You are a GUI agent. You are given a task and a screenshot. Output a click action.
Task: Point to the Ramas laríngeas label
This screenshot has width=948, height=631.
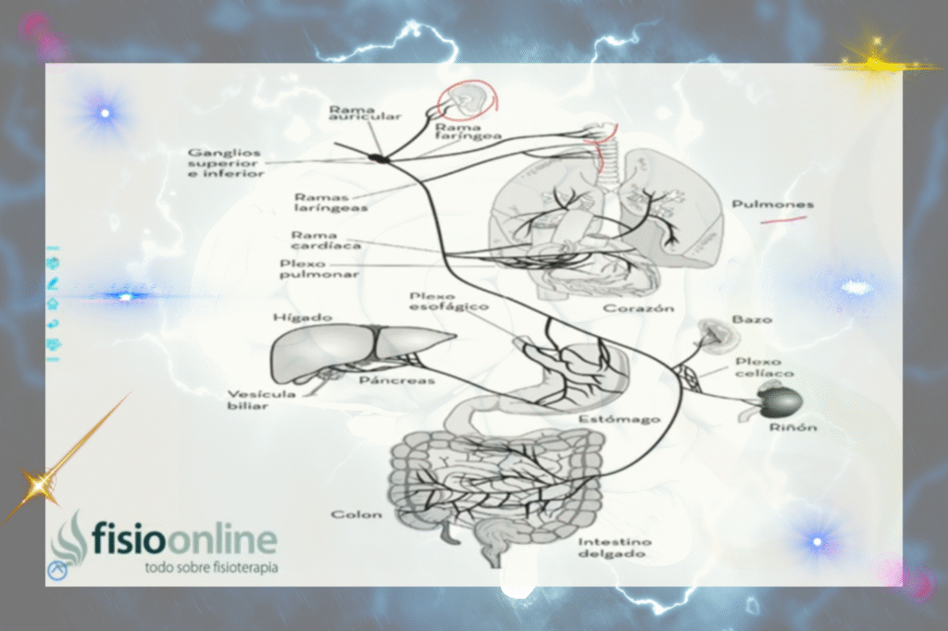point(331,203)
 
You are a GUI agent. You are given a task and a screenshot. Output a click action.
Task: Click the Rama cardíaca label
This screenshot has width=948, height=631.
point(313,241)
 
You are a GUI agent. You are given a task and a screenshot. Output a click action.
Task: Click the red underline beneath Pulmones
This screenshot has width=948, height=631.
point(782,220)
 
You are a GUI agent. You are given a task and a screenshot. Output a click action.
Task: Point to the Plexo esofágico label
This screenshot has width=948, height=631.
point(449,301)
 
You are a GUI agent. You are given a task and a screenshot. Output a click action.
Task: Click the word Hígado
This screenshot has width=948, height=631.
point(302,317)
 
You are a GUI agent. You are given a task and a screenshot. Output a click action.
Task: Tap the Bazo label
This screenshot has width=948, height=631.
point(752,320)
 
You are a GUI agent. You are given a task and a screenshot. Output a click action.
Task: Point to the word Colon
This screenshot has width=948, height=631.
point(356,514)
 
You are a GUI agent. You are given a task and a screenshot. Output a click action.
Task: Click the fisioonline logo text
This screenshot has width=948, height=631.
point(183,539)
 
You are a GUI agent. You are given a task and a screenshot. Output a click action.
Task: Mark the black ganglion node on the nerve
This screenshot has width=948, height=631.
point(379,158)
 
